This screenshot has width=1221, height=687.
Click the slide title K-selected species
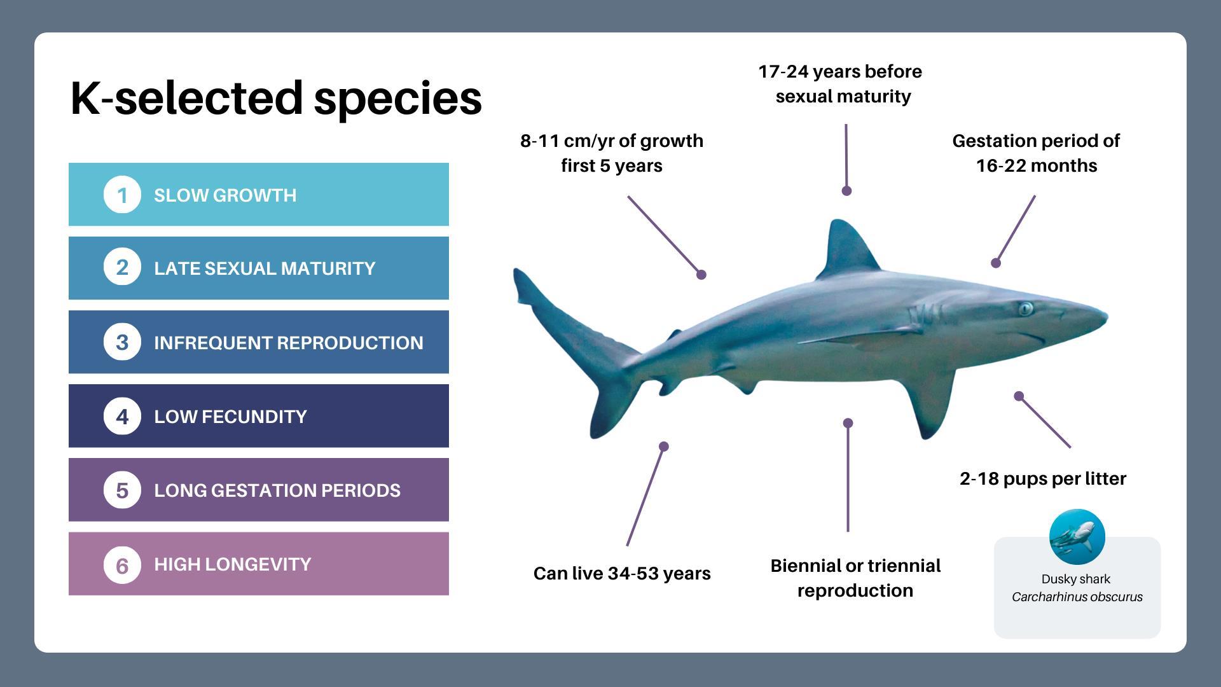pyautogui.click(x=276, y=99)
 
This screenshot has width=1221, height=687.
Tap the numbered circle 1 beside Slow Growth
pyautogui.click(x=122, y=195)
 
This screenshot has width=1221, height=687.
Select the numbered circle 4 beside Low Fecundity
pyautogui.click(x=122, y=416)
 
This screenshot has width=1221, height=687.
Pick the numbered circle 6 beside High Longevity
pyautogui.click(x=122, y=564)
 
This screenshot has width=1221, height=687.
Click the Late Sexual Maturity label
pyautogui.click(x=265, y=268)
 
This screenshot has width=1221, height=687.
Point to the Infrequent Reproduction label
pyautogui.click(x=289, y=342)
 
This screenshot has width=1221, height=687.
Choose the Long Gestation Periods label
pyautogui.click(x=277, y=490)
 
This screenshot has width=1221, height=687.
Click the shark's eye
pyautogui.click(x=1025, y=309)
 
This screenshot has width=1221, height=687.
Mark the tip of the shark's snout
pyautogui.click(x=1107, y=317)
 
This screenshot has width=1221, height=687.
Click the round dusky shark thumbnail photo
pyautogui.click(x=1077, y=537)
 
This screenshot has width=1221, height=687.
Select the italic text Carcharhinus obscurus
pyautogui.click(x=1077, y=597)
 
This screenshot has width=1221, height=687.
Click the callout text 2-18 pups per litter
pyautogui.click(x=1043, y=479)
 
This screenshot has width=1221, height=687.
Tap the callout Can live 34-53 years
pyautogui.click(x=622, y=574)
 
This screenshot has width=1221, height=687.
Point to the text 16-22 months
pyautogui.click(x=1037, y=166)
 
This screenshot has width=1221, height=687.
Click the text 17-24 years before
pyautogui.click(x=840, y=72)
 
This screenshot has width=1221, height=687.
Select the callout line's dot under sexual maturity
pyautogui.click(x=846, y=191)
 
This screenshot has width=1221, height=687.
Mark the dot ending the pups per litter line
pyautogui.click(x=1019, y=396)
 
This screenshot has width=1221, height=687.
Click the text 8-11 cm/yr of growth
pyautogui.click(x=612, y=141)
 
